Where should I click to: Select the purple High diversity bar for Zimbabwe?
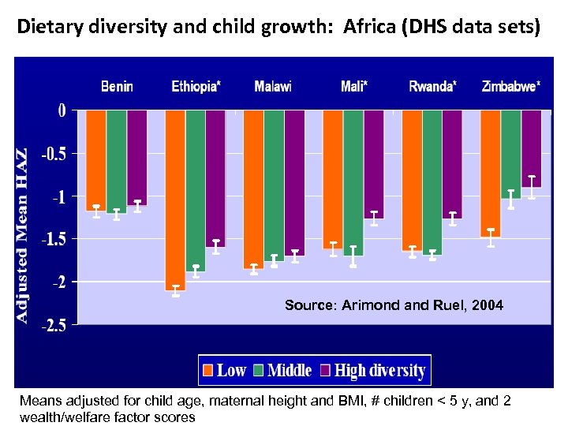coord(532,148)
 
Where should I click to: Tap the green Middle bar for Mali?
coord(353,182)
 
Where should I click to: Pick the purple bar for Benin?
coord(137,157)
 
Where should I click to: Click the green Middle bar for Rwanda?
coord(432,182)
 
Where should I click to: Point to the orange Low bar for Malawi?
coord(253,189)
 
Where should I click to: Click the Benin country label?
coord(117,86)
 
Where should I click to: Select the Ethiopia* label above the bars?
coord(196,86)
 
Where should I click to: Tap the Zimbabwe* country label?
coord(511,86)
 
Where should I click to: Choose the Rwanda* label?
coord(432,86)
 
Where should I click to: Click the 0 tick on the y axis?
coord(62,110)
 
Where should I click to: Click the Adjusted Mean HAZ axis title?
coord(24,235)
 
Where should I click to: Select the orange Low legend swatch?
coord(208,370)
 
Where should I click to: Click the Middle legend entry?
coord(290,370)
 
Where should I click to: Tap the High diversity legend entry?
coord(380,370)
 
